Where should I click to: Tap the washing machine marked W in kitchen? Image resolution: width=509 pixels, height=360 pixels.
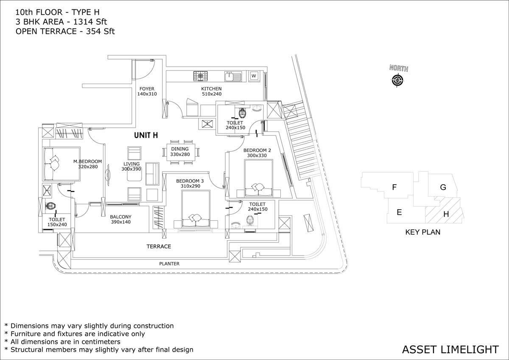[254, 76]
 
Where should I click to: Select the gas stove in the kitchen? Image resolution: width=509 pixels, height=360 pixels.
[201, 76]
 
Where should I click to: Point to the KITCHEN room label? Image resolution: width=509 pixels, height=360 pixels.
[211, 89]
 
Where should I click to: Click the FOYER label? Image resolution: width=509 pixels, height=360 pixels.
[147, 89]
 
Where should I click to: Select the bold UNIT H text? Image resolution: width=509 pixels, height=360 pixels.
[146, 135]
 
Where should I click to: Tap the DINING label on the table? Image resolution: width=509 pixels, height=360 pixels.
[180, 149]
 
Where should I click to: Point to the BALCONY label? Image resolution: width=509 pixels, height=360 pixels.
[121, 217]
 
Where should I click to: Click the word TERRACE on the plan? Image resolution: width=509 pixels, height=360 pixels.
[159, 246]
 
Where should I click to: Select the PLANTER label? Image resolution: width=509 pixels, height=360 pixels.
[169, 264]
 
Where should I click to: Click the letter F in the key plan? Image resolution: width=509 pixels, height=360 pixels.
[394, 186]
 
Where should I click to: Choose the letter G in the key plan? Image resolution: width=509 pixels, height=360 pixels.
[443, 187]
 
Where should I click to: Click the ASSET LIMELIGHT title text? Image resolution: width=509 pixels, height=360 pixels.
[450, 349]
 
